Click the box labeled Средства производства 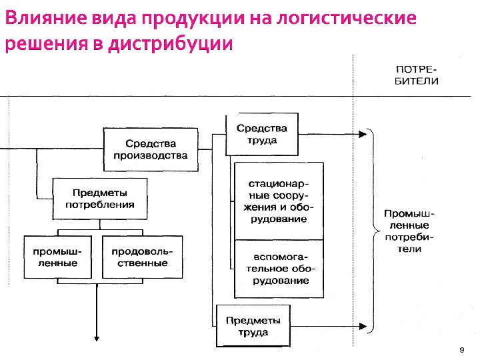coord(151,149)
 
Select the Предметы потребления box coord(99,199)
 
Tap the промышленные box coord(57,257)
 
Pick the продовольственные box coord(142,257)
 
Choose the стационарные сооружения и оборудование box coord(278,200)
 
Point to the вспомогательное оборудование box coord(278,269)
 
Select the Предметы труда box coord(253,326)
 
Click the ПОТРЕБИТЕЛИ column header coord(417,75)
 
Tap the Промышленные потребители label coord(409,231)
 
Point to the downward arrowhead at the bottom coord(97,338)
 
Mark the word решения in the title coord(40,45)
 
